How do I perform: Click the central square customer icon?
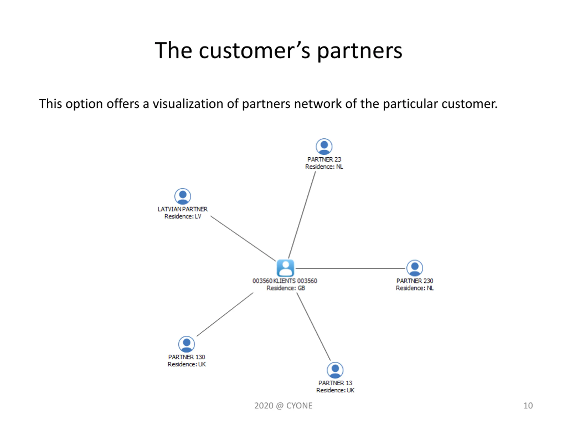[x=285, y=268]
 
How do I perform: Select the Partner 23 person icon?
[x=324, y=147]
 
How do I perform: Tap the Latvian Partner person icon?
[x=183, y=197]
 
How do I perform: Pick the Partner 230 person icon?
[x=414, y=268]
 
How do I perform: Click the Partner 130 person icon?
[x=186, y=344]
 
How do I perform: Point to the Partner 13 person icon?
[x=335, y=370]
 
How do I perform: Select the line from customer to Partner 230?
[x=350, y=268]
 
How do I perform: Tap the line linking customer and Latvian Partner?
[x=243, y=238]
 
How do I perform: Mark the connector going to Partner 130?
[x=225, y=314]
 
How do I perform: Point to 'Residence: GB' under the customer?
[x=285, y=288]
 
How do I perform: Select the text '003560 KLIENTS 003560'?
[x=285, y=281]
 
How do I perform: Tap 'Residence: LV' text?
[x=183, y=216]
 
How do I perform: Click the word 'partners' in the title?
[x=360, y=51]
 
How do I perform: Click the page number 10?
[x=528, y=406]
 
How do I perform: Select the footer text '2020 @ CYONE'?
[x=283, y=406]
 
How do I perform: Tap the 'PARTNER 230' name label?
[x=414, y=281]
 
